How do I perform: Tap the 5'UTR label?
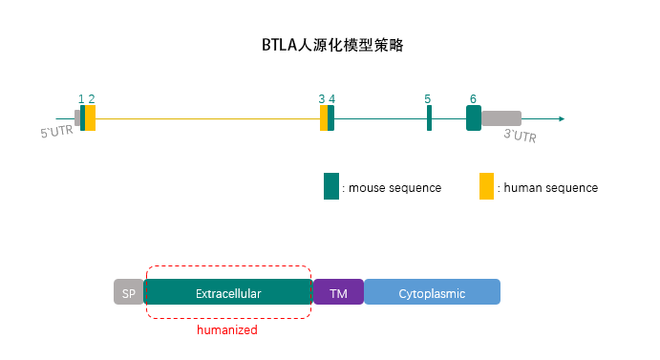56,133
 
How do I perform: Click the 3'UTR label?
520,137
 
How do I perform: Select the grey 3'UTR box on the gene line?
501,118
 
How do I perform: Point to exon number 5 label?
428,99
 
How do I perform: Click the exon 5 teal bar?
429,118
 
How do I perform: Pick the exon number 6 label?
473,99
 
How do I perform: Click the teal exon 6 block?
473,118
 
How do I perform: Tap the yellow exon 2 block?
91,118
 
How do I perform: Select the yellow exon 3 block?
324,118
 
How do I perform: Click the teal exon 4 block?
330,118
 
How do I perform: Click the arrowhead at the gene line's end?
562,119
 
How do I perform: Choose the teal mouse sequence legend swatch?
331,186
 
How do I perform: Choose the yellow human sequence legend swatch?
486,186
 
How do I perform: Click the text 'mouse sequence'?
394,188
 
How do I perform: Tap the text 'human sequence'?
550,188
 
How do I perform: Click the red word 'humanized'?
227,330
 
